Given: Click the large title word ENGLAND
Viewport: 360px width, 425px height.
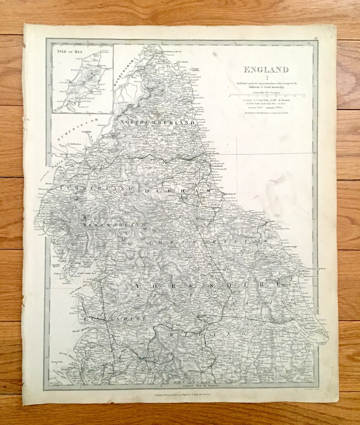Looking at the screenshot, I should (x=266, y=70).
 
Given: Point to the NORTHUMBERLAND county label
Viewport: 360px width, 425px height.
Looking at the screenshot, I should (x=157, y=123).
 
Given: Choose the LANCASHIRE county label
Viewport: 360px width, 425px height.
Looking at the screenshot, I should (x=115, y=319).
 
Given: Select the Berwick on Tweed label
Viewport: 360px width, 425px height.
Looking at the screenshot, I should (x=172, y=52).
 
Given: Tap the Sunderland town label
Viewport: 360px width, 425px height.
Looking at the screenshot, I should (x=217, y=166).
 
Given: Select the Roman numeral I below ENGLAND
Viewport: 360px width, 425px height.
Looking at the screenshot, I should (x=266, y=78).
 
